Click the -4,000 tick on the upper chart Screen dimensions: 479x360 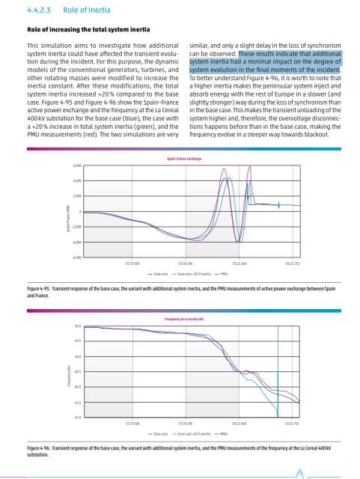coord(76,242)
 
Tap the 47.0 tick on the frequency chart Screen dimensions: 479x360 coord(77,415)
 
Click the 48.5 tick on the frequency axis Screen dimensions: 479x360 coord(77,370)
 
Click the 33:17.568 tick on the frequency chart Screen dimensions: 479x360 coord(132,423)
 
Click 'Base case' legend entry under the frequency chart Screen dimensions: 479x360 coord(158,433)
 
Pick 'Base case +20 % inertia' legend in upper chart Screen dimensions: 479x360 coord(194,274)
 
